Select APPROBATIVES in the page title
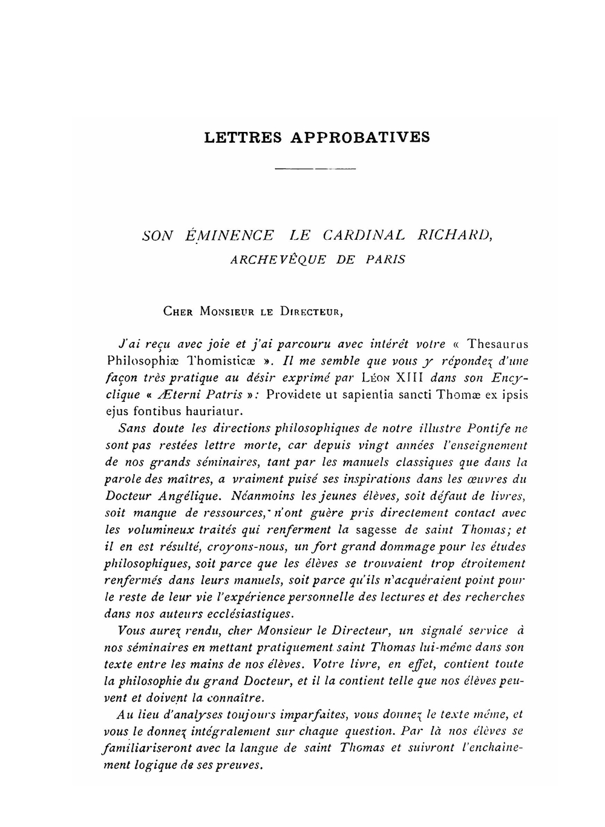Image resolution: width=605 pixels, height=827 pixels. click(361, 137)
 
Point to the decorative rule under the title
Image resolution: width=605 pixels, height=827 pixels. click(315, 168)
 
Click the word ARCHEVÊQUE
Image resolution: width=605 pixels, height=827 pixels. click(278, 260)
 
